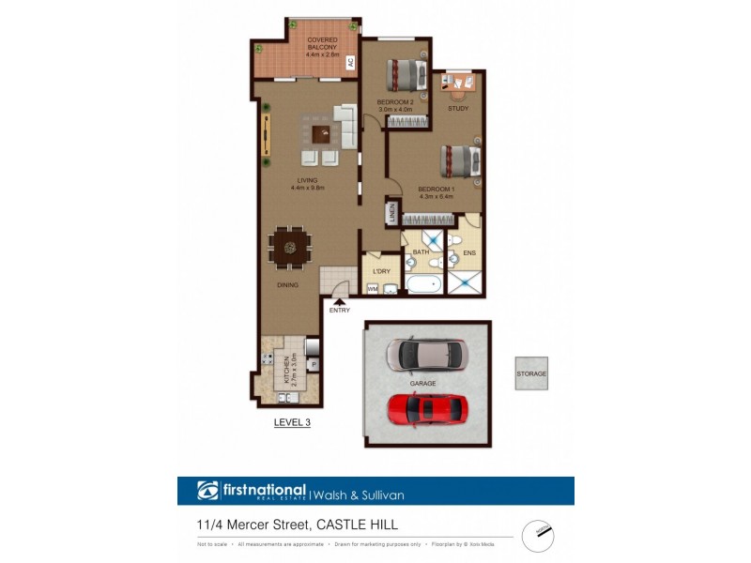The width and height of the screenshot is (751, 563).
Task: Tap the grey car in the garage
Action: [x=424, y=354]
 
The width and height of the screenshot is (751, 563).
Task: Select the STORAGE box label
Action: [x=530, y=373]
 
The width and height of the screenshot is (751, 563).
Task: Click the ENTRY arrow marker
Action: [x=339, y=301]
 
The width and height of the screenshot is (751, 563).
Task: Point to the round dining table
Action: [x=290, y=248]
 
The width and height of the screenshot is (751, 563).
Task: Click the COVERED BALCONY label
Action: [x=321, y=48]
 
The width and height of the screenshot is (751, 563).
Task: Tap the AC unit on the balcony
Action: [x=350, y=64]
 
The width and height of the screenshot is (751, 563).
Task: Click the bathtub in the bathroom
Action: [x=424, y=283]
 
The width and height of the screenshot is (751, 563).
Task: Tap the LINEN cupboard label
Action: [x=391, y=213]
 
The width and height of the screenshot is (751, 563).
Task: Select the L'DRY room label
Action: [x=381, y=271]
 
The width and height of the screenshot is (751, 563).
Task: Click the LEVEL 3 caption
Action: [x=291, y=423]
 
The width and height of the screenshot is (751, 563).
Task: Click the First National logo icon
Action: [x=207, y=491]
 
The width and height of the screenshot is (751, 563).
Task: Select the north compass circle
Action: [x=538, y=530]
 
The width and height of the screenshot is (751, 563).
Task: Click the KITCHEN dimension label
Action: [x=293, y=371]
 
